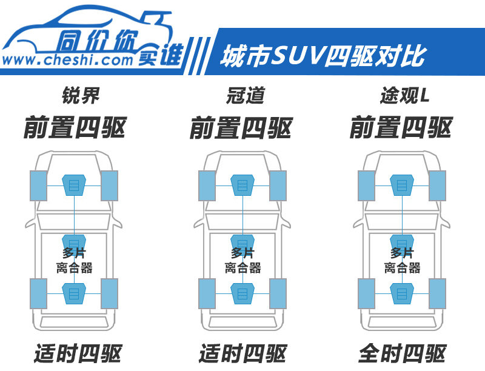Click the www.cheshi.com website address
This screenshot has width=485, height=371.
click(67, 59)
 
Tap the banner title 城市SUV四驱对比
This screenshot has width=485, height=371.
click(324, 56)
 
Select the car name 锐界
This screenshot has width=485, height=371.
click(81, 96)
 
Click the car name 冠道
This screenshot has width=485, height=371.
click(246, 96)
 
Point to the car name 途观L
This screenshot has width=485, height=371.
click(404, 96)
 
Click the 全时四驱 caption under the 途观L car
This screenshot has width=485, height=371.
click(402, 353)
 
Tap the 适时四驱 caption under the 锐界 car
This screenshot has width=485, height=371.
click(78, 353)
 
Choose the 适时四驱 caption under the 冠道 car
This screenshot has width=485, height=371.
click(243, 353)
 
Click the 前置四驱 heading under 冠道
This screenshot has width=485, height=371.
click(241, 128)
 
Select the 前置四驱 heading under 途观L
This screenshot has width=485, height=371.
click(401, 128)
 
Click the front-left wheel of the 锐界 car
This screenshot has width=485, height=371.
click(39, 185)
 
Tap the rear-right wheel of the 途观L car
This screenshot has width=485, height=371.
click(437, 293)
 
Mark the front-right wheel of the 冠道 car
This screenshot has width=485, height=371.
click(278, 185)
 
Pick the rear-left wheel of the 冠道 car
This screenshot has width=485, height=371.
click(207, 293)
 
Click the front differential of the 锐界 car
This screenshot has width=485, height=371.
click(74, 185)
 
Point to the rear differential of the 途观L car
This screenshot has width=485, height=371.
click(402, 293)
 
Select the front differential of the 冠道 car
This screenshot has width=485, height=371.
click(242, 185)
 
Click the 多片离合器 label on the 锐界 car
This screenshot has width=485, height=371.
click(74, 261)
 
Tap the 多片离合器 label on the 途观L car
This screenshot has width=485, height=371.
click(402, 261)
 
